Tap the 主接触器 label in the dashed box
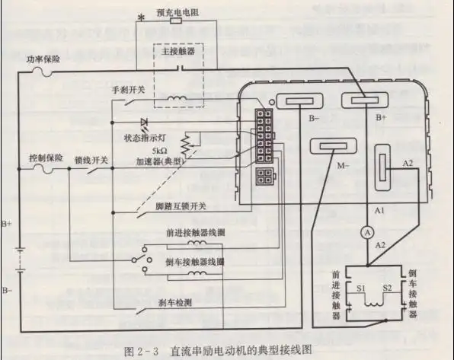coord(181,51)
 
